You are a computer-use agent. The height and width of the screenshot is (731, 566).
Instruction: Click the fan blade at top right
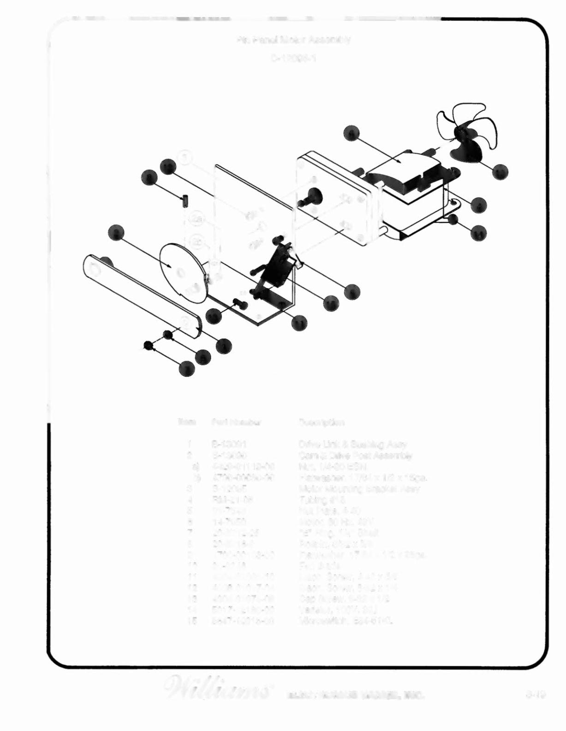click(466, 129)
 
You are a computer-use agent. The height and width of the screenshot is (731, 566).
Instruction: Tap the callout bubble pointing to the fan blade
click(500, 172)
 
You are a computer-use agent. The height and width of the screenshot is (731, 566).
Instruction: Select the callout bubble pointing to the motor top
click(352, 133)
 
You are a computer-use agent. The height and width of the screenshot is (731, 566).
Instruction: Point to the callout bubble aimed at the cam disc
click(116, 233)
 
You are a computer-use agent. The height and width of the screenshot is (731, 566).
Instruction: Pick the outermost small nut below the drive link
click(149, 345)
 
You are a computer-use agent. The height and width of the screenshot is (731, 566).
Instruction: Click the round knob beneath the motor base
click(453, 219)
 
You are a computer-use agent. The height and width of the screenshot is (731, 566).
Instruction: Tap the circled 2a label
click(197, 218)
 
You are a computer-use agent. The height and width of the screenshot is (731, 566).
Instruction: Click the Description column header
click(322, 422)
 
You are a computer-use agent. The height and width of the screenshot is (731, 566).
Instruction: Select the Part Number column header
click(237, 422)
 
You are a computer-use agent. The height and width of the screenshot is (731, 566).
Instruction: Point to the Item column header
click(187, 422)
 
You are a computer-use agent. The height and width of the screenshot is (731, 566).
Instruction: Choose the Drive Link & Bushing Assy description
click(353, 445)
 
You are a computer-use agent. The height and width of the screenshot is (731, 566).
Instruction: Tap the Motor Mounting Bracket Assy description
click(359, 489)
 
